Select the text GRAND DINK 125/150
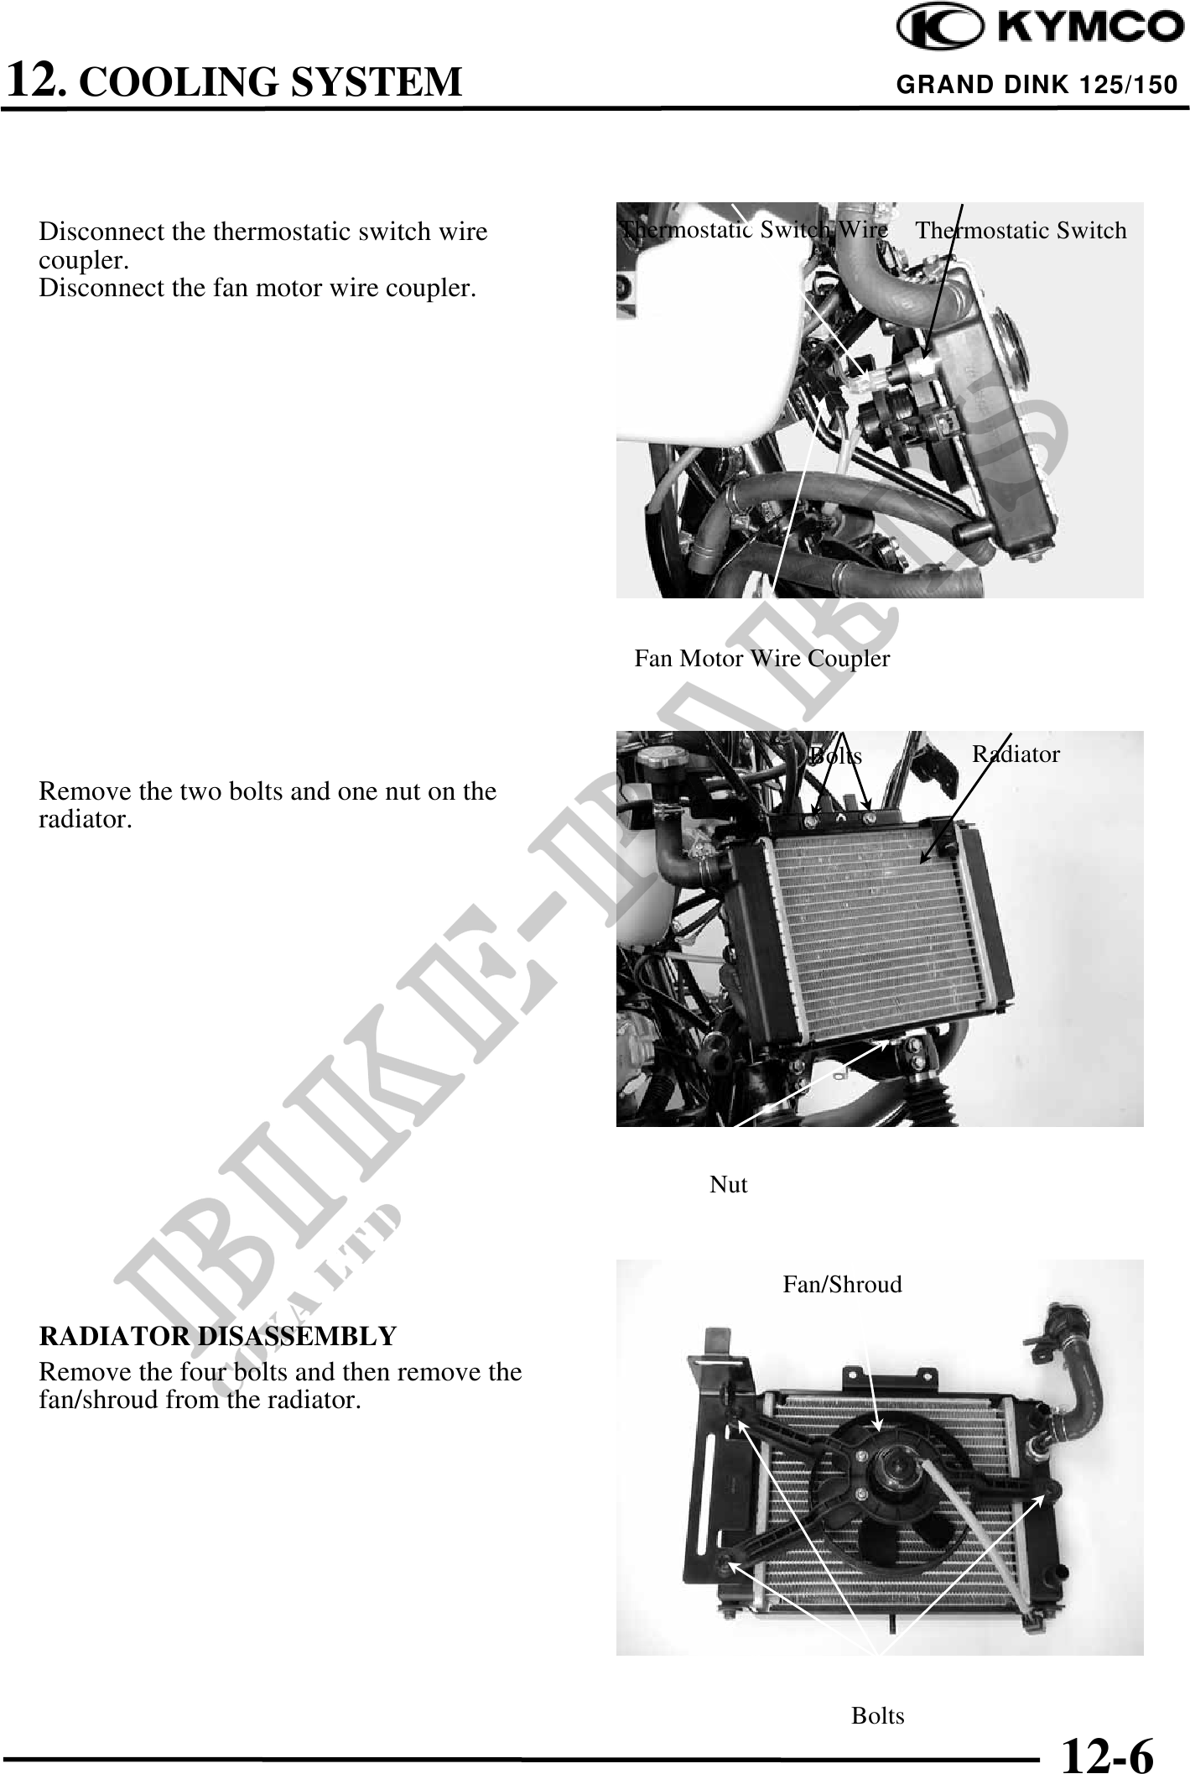1037,85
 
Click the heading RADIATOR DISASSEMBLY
218,1335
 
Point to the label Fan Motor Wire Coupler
761,659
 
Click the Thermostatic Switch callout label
1021,231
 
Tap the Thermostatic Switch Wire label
754,229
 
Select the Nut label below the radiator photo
729,1184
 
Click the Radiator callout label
1016,754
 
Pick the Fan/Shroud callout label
842,1284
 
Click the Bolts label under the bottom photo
878,1716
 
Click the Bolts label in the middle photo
836,756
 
